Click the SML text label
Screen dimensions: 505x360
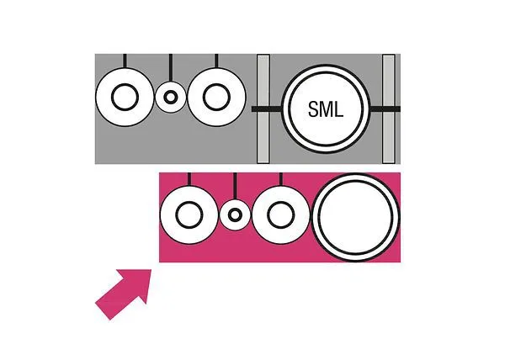click(326, 109)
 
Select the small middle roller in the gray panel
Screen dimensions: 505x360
click(171, 97)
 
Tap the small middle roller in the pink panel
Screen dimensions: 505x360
click(235, 214)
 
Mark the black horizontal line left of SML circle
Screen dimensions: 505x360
click(267, 109)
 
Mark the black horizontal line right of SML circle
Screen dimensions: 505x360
click(385, 109)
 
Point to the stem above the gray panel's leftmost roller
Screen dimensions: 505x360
click(125, 61)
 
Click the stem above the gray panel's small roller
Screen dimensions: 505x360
click(171, 68)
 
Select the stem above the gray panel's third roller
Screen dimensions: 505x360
click(216, 61)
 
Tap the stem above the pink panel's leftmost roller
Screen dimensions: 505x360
click(189, 179)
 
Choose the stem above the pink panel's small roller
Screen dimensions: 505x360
click(235, 186)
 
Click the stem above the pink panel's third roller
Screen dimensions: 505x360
click(280, 179)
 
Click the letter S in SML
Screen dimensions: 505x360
click(313, 109)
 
